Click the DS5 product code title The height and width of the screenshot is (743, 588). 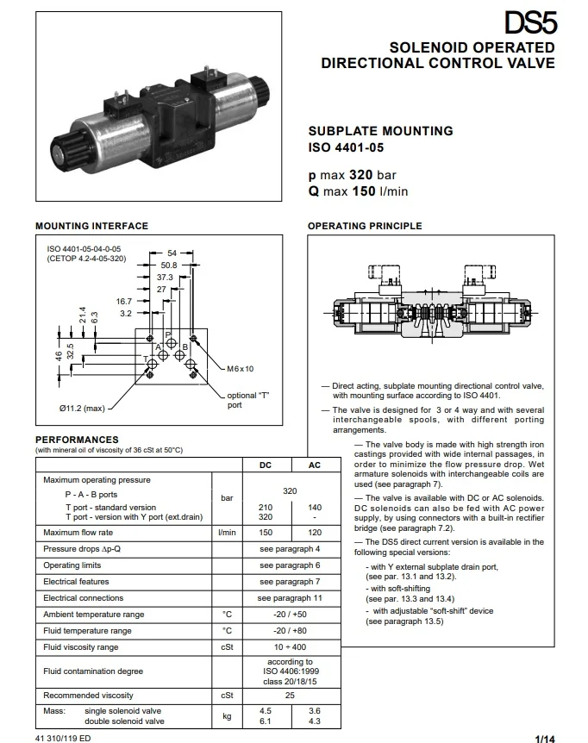[x=529, y=23]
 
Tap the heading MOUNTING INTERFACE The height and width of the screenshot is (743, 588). [x=91, y=226]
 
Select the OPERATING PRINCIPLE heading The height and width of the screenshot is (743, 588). [x=365, y=226]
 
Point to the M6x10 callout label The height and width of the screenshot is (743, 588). [x=241, y=368]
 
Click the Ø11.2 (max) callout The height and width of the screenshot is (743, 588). [x=81, y=408]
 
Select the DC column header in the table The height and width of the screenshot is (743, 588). [x=266, y=465]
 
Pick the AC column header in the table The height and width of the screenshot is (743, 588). [x=315, y=465]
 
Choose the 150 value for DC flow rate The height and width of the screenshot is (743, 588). [x=266, y=533]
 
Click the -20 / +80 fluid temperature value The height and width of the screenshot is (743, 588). [x=290, y=631]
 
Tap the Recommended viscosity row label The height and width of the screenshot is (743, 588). [x=88, y=695]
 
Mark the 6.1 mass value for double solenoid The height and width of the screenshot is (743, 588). [x=266, y=721]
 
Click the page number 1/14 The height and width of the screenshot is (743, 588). [x=545, y=738]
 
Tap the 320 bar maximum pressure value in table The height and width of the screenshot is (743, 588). [x=290, y=491]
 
